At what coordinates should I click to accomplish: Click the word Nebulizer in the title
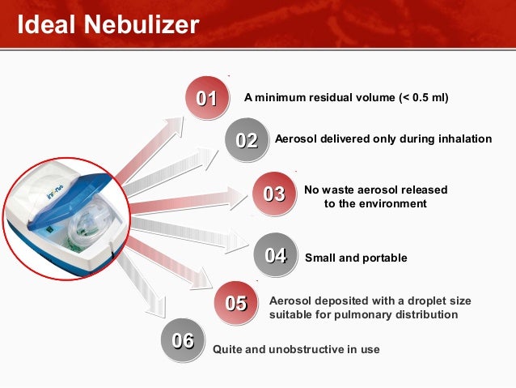tap(142, 24)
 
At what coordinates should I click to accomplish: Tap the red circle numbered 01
tap(207, 97)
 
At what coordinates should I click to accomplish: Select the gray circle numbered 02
tap(247, 140)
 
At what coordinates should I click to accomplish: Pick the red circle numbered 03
tap(274, 194)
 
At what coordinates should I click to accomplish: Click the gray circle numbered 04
tap(276, 254)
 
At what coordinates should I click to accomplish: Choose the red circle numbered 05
tap(236, 303)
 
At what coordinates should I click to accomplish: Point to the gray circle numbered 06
tap(183, 340)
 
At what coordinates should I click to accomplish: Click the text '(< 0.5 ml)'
tap(424, 97)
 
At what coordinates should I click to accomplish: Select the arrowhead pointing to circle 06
tap(155, 306)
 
